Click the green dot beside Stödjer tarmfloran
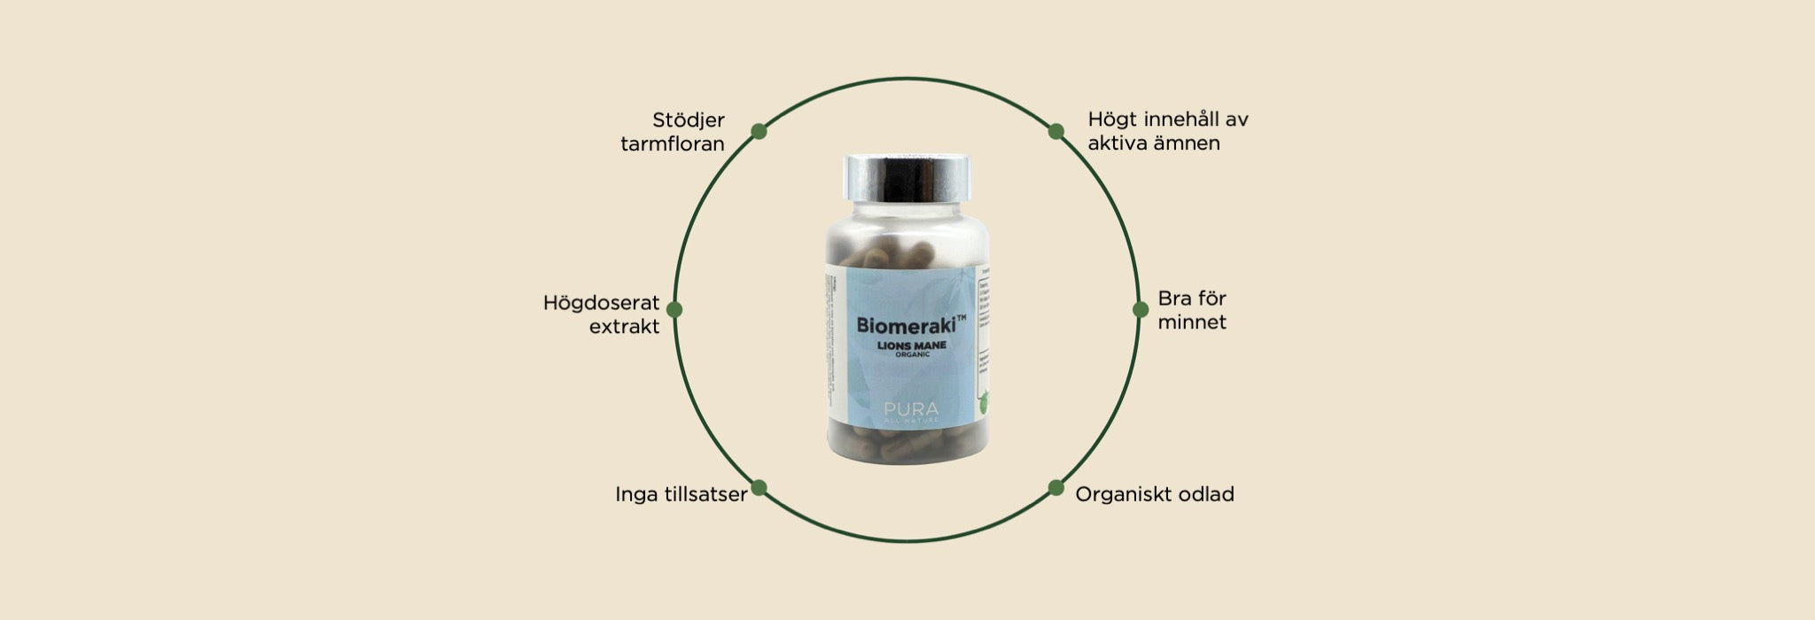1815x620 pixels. (x=759, y=131)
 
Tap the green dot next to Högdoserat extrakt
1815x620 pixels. (x=674, y=309)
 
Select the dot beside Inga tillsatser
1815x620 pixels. (x=759, y=487)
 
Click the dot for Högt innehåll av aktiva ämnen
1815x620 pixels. (x=1056, y=131)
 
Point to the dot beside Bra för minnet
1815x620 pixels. (x=1141, y=309)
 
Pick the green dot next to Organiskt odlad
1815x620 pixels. (x=1056, y=487)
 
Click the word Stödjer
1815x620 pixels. (x=689, y=120)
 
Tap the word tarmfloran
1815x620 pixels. (x=673, y=143)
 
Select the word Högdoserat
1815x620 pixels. (x=601, y=303)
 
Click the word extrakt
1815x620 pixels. (x=624, y=327)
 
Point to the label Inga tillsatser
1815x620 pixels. (x=681, y=494)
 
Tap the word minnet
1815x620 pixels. (x=1192, y=322)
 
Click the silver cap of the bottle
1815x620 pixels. (x=907, y=177)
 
